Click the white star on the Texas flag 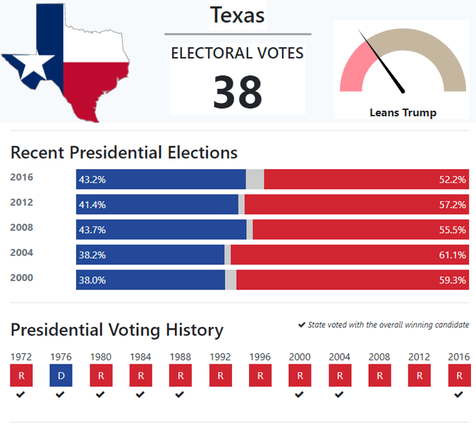coord(32,67)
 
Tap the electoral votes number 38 coord(238,92)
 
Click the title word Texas coord(238,15)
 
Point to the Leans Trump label coord(403,113)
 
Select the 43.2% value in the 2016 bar coord(92,180)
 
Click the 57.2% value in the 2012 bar coord(452,205)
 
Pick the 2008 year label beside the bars coord(22,228)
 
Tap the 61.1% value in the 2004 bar coord(452,255)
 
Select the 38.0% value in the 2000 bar coord(92,280)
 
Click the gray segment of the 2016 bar coord(255,180)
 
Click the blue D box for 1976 coord(61,376)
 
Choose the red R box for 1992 coord(220,376)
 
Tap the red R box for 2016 coord(459,376)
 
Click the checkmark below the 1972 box coord(21,395)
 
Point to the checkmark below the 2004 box coord(339,395)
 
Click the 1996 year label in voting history coord(260,357)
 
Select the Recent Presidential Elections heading coord(124,152)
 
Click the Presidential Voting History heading coord(117,330)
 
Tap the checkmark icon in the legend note coord(302,325)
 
